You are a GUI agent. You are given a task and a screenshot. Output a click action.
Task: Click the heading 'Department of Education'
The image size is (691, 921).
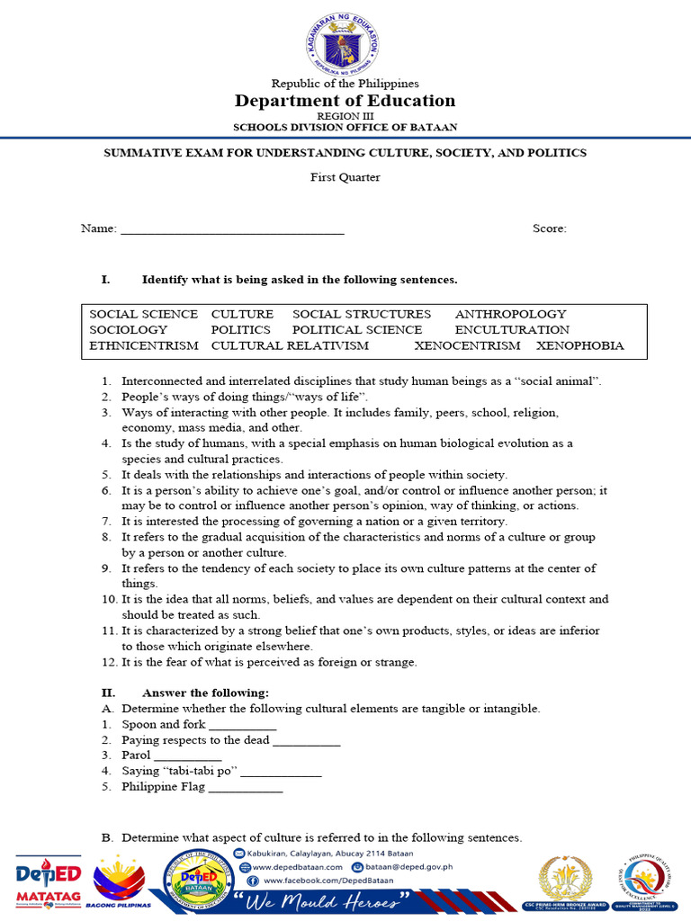coord(345,101)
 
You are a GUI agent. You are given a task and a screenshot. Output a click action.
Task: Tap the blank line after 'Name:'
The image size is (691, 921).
coord(232,229)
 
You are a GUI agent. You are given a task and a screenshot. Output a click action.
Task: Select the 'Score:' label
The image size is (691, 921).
coord(549,228)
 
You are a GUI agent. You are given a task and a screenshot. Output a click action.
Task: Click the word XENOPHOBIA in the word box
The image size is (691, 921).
coord(579,345)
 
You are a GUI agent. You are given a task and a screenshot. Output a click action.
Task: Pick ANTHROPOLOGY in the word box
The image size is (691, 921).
coord(510,314)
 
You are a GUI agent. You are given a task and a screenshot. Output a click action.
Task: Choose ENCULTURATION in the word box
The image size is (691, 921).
coord(512,330)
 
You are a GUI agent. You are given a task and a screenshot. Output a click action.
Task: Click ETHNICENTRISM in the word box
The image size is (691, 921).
coord(144,345)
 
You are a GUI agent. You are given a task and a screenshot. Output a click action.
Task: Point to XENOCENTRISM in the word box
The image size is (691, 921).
coord(467,345)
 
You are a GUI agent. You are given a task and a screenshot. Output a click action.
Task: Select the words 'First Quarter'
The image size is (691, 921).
coord(345,177)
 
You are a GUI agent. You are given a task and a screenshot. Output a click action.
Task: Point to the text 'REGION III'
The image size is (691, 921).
coord(345,117)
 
